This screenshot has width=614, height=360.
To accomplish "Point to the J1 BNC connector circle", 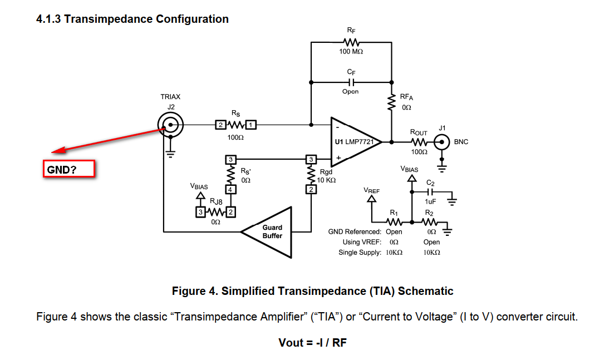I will [442, 142].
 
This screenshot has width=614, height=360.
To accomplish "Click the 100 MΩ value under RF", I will [351, 52].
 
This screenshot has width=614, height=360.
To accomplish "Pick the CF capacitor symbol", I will [351, 81].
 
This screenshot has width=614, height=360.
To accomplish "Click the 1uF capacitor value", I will [430, 202].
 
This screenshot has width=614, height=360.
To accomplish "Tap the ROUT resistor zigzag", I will [419, 142].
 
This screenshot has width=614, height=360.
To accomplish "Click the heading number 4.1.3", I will [48, 19].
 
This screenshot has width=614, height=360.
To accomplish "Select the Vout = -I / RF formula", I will [312, 342].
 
